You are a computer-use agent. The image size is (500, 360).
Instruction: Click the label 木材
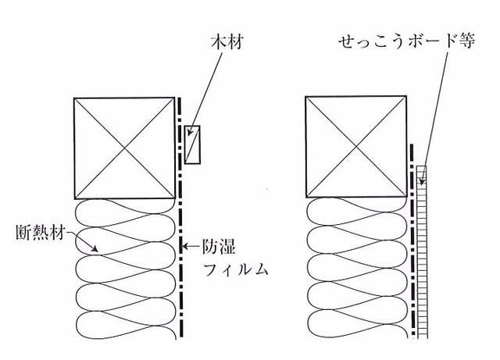point(227,42)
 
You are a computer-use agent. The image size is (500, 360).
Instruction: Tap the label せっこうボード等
point(407,41)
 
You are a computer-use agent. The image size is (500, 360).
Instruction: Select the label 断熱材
point(41,233)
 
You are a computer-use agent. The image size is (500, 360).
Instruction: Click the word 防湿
point(219,246)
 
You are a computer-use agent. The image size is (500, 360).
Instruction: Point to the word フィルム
point(236,269)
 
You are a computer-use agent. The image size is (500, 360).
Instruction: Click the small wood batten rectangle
point(192,144)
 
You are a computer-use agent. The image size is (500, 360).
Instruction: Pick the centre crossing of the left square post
point(124,148)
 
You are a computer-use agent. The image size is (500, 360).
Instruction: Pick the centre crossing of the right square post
point(356,146)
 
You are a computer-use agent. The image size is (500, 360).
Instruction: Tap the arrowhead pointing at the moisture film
point(184,247)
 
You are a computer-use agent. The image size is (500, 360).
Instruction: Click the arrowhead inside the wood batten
point(189,132)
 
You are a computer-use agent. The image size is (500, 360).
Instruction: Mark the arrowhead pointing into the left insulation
point(95,248)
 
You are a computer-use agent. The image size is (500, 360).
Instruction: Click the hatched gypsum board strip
point(422,252)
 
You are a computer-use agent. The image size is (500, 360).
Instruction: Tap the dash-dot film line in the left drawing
point(180,217)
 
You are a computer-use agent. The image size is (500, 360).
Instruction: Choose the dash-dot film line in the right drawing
point(412,241)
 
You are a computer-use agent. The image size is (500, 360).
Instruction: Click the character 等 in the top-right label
point(467,41)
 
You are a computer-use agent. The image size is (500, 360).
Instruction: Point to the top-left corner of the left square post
point(74,98)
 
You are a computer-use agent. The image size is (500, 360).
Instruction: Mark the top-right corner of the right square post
point(406,96)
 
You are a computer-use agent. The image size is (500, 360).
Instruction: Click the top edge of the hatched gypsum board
point(422,166)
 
